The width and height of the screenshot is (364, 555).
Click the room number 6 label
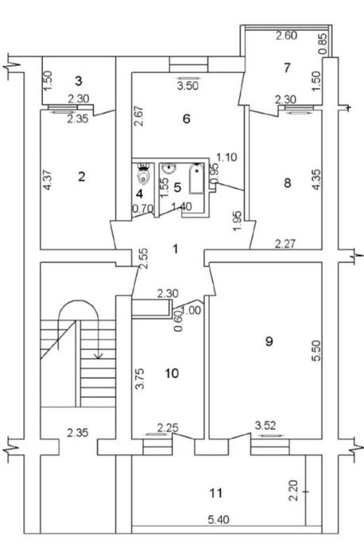(187, 118)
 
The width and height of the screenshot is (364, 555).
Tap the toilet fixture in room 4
(144, 174)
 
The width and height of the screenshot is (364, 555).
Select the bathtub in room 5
(196, 179)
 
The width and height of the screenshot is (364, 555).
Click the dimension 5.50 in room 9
(316, 350)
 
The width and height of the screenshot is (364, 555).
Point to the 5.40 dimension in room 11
(219, 519)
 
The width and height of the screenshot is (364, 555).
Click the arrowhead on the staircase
(99, 354)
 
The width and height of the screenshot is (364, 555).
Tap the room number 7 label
(287, 67)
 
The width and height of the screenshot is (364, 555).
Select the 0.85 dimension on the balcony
(323, 44)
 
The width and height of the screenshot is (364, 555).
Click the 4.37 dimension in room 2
(48, 180)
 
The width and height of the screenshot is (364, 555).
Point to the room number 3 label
(79, 81)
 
